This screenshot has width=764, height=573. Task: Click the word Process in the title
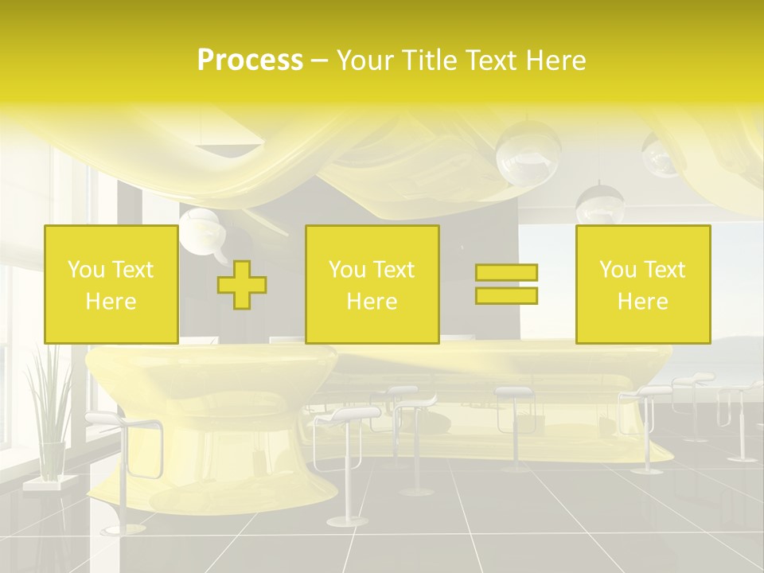(x=250, y=60)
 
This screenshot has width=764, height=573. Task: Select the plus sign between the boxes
(x=242, y=285)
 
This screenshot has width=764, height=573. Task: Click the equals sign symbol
(x=507, y=284)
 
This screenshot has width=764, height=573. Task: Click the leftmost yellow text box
(x=111, y=285)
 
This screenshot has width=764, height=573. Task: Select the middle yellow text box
(x=372, y=285)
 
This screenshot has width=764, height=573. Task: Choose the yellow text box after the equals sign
(x=643, y=285)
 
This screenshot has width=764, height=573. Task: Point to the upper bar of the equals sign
(x=507, y=273)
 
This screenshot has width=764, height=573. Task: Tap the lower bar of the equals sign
(x=507, y=295)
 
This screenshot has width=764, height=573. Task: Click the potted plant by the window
(x=49, y=414)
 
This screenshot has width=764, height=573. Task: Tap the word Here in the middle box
(x=372, y=302)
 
